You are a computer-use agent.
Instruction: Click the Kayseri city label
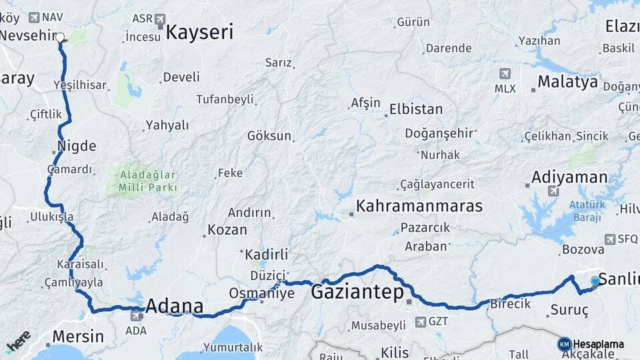pos(199,32)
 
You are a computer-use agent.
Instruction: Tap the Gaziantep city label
pos(357,292)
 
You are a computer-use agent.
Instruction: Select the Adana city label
pos(174,307)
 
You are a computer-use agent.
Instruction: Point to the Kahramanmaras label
pos(419,206)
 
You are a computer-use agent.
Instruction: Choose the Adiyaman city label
pos(569,177)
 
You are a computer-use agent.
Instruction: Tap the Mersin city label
pos(77,336)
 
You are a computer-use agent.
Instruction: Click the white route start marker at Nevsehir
pos(60,38)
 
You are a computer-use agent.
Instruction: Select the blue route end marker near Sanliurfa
pos(595,281)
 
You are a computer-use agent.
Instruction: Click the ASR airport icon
pos(160,19)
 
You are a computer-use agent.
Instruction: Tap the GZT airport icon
pos(421,322)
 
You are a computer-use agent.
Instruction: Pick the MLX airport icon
pos(505,73)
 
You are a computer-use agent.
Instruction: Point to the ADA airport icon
pos(136,315)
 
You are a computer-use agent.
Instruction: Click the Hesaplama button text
pos(598,344)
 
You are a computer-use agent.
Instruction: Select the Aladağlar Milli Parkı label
pos(147,181)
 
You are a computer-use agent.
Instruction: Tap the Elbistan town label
pos(416,109)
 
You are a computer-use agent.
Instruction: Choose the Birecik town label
pos(510,303)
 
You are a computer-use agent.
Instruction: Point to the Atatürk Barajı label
pos(586,211)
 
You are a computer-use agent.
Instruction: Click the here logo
pos(18,341)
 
